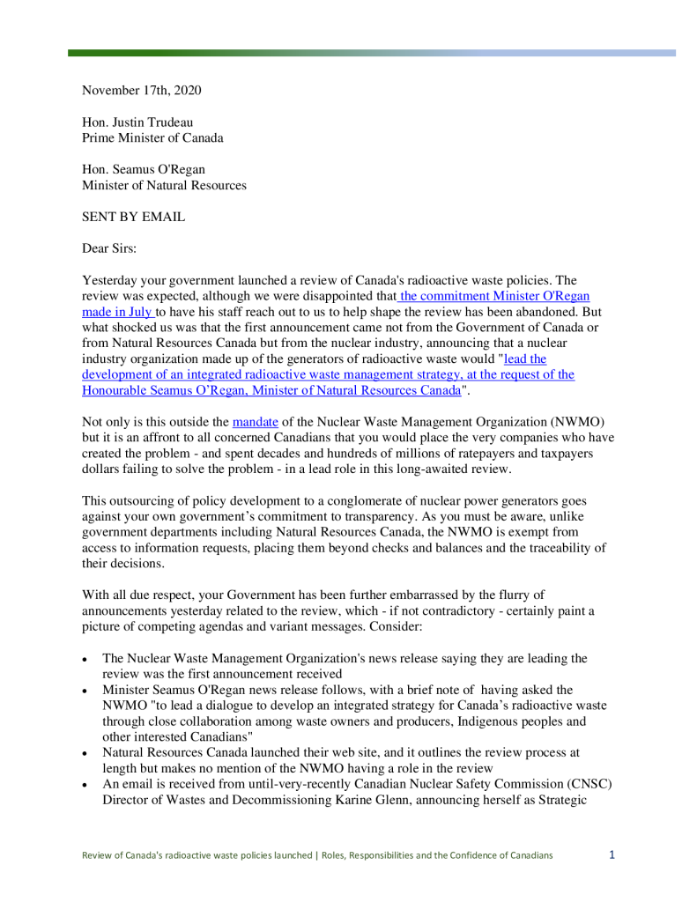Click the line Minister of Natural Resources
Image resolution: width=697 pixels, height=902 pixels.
coord(164,185)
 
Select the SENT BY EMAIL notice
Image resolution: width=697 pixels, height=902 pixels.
coord(133,217)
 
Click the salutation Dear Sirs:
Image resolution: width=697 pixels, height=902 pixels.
coord(112,248)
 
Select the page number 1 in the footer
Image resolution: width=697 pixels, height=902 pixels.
coord(612,854)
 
